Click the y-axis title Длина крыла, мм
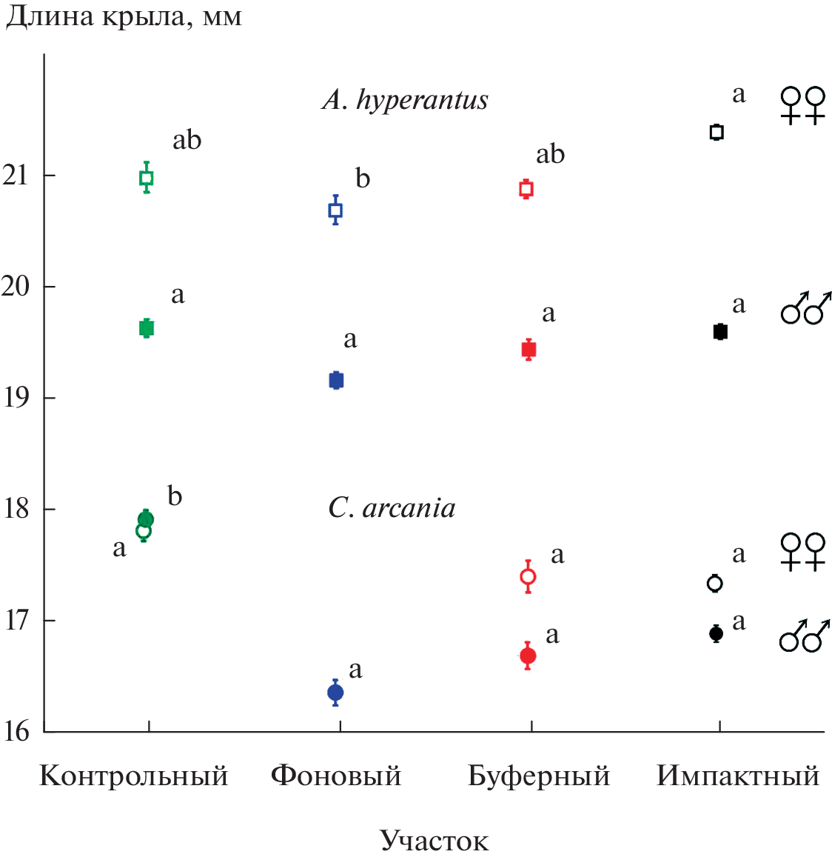click(x=124, y=16)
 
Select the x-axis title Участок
click(x=435, y=841)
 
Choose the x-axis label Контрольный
click(x=134, y=776)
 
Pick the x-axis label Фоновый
click(x=336, y=776)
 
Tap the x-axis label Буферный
click(x=539, y=776)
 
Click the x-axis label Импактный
click(x=738, y=776)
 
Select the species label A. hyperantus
click(x=406, y=100)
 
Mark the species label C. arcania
click(x=392, y=508)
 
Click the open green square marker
click(x=147, y=178)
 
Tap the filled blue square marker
click(x=336, y=381)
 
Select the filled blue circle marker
click(x=335, y=693)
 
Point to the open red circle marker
click(x=528, y=577)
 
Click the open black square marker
click(x=717, y=133)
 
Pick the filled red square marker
click(x=529, y=350)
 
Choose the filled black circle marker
click(x=716, y=633)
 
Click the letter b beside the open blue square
click(x=363, y=179)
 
